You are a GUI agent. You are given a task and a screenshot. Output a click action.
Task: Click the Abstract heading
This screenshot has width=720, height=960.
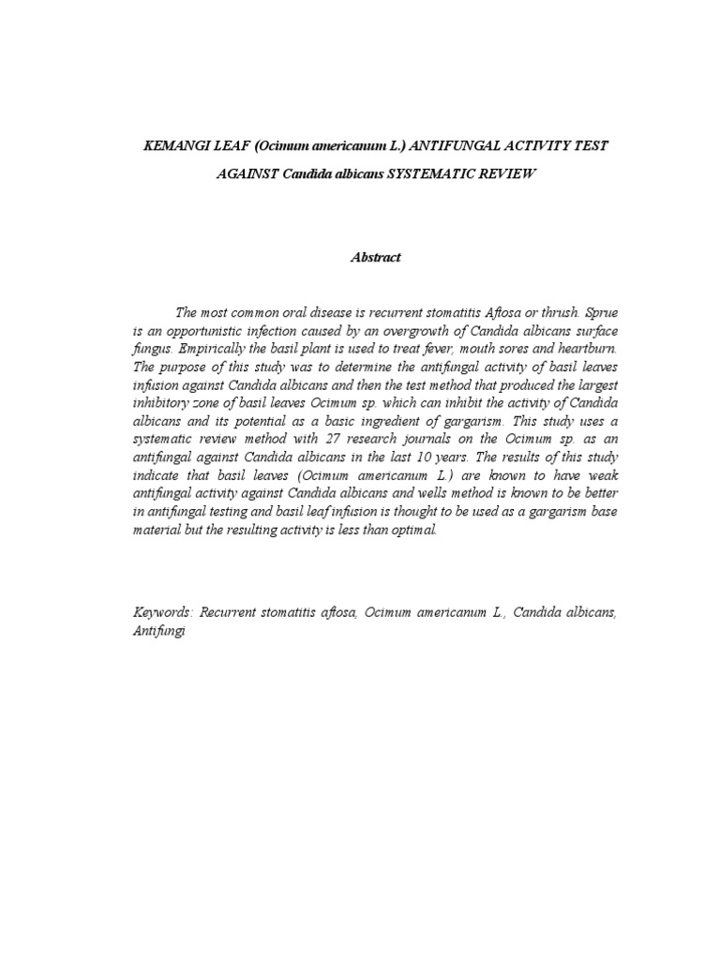point(375,258)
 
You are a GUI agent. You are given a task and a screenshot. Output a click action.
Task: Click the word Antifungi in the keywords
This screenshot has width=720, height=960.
point(160,631)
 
